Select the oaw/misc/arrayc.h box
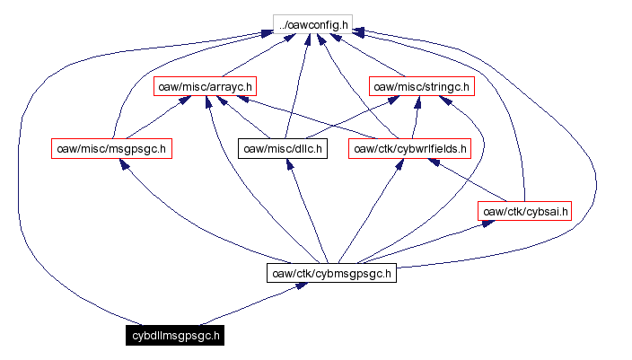(x=206, y=86)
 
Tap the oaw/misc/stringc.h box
(x=421, y=86)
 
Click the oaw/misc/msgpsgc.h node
(x=111, y=148)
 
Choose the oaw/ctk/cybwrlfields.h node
(x=410, y=148)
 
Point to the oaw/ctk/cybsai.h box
(x=524, y=211)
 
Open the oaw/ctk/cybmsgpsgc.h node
(x=331, y=273)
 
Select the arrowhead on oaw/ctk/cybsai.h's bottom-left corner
(x=486, y=223)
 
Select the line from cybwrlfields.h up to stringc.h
(x=415, y=118)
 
